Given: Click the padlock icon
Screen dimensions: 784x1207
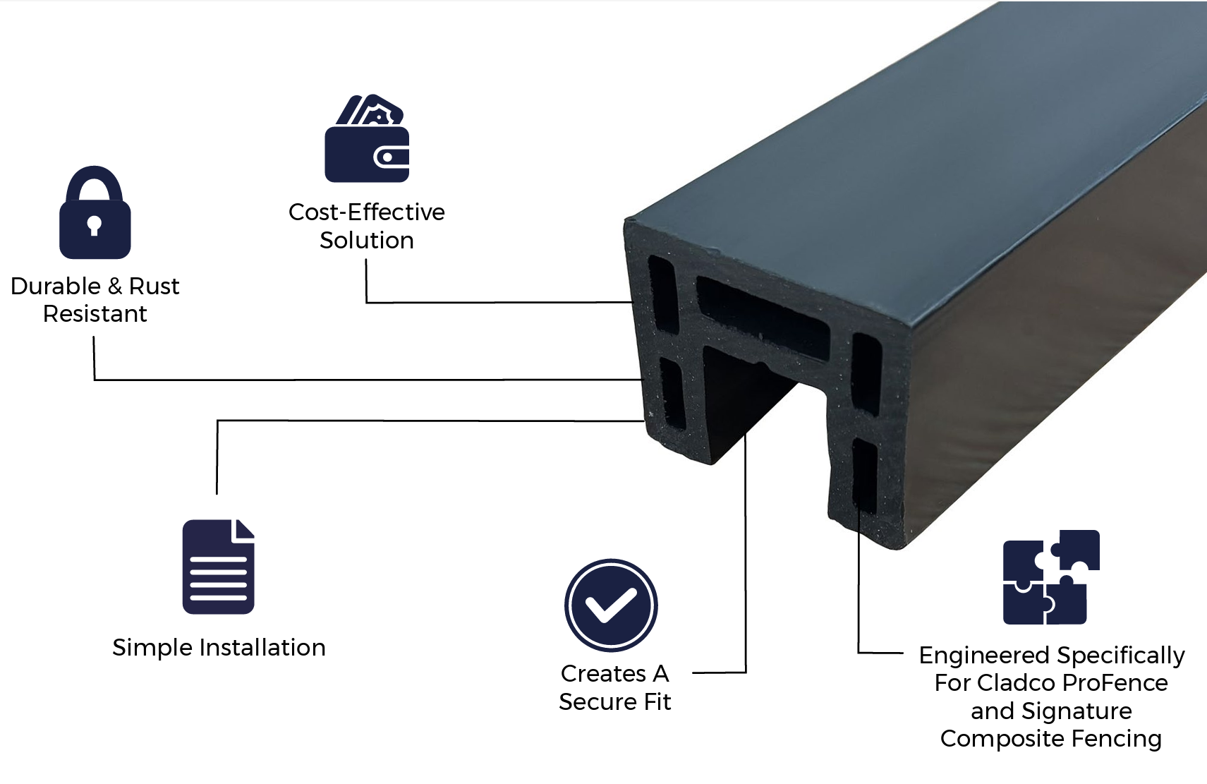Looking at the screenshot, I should pos(95,212).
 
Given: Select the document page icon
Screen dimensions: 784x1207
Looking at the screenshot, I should pos(218,567).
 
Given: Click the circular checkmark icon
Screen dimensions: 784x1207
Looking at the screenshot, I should pos(610,605).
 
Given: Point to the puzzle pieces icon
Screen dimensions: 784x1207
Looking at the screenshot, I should pos(1050,577).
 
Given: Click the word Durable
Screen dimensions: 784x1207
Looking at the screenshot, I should pos(56,286).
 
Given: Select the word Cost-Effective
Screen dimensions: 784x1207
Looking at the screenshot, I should pos(366,212).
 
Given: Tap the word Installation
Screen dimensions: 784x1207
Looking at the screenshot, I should pos(262,647).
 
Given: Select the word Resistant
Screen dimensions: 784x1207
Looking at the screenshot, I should pos(95,313).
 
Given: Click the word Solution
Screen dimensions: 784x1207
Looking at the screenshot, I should pos(366,240).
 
